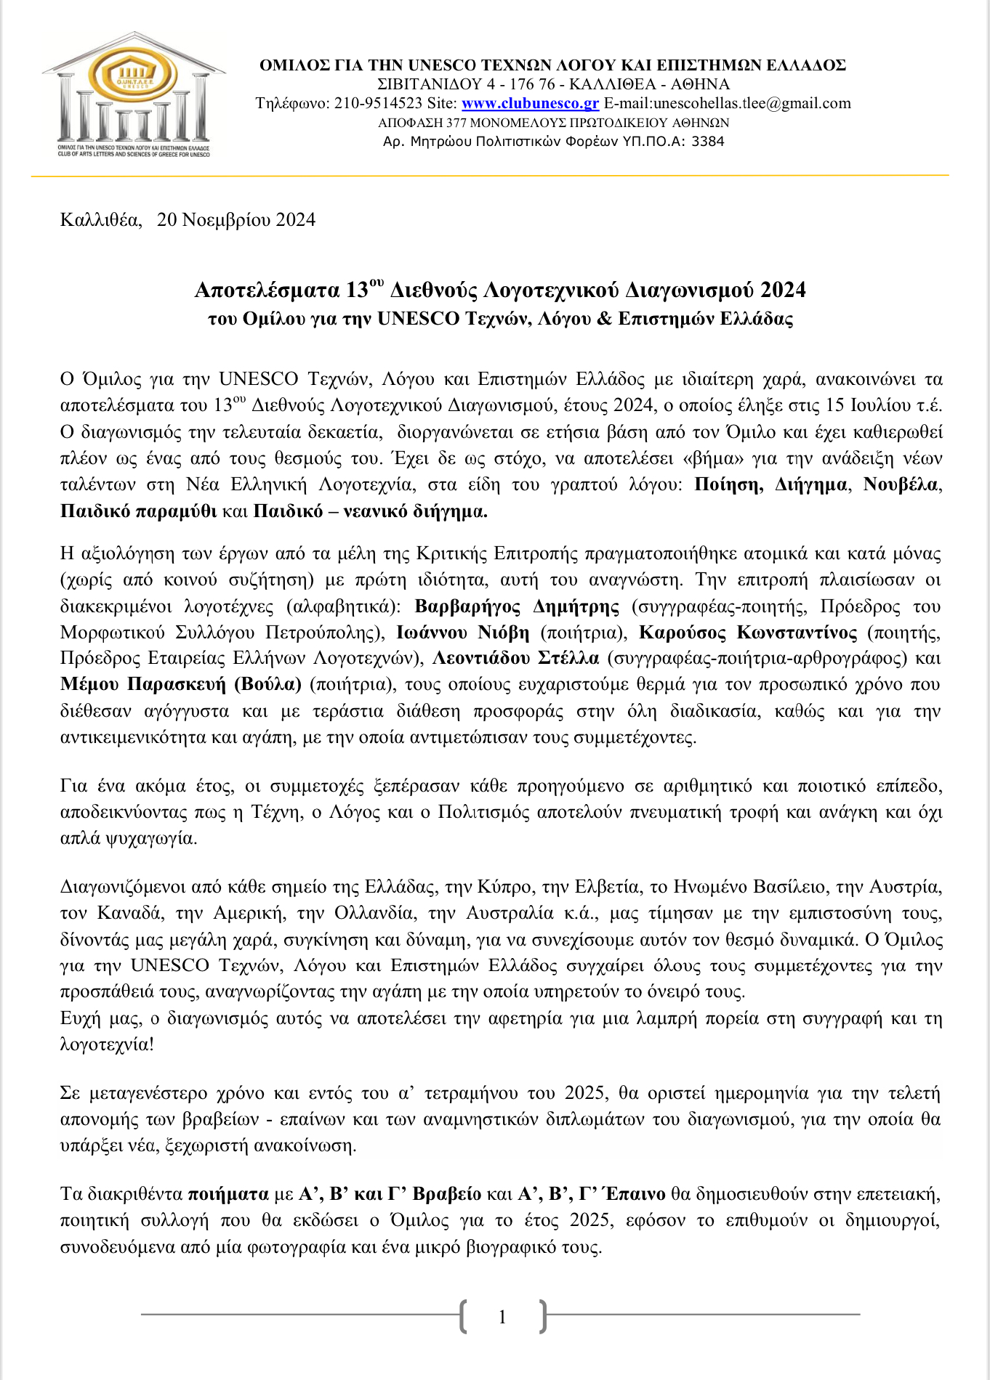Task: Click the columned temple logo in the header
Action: (134, 94)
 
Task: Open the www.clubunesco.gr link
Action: (530, 103)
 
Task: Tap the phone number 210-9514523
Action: (379, 103)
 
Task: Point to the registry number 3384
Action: (707, 142)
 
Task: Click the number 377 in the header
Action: (457, 123)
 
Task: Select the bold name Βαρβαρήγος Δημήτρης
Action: (518, 606)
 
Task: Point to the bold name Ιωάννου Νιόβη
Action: (463, 633)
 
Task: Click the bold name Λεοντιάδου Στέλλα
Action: (516, 659)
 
